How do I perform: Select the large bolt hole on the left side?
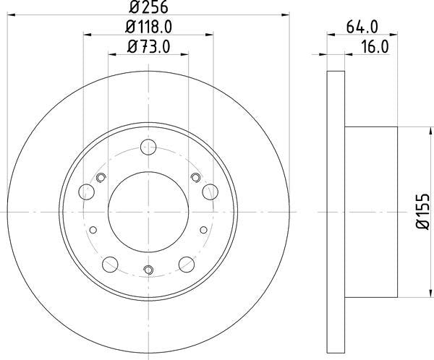point(87,192)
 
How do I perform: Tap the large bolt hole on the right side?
point(210,191)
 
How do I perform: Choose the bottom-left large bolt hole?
point(110,263)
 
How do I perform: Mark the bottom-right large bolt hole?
point(186,263)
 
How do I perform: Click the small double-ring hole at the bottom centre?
point(148,271)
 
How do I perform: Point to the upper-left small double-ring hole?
point(101,178)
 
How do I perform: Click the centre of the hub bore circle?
point(148,211)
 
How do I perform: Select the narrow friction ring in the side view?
point(336,211)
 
